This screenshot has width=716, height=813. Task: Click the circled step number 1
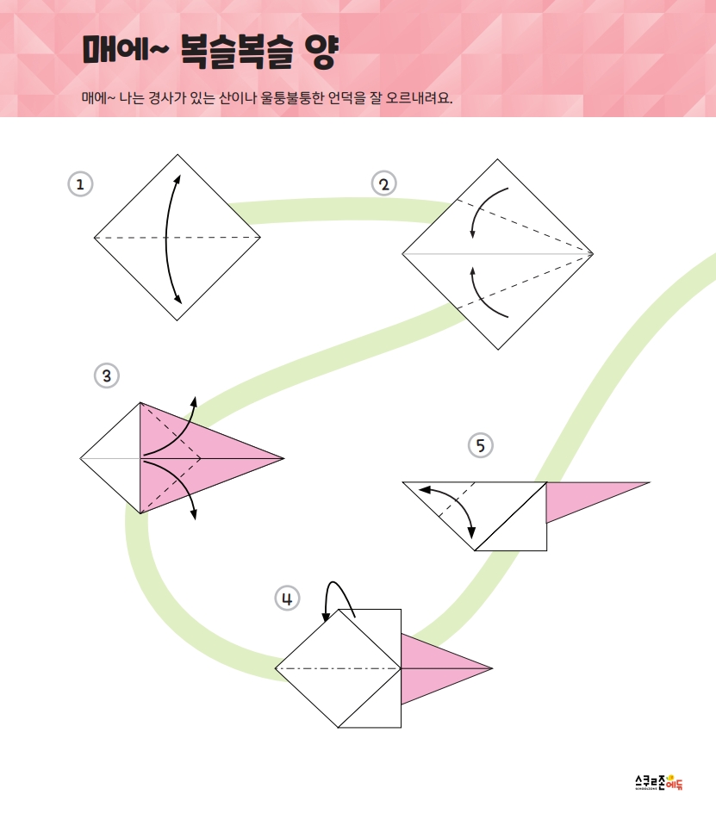point(80,184)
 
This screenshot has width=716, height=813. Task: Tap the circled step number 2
point(384,184)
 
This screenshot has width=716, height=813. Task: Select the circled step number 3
point(107,375)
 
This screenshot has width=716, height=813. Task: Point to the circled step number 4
point(287,599)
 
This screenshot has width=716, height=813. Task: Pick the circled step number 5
point(481,445)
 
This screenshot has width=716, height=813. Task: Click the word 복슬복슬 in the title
point(237,52)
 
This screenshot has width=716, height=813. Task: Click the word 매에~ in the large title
point(126,50)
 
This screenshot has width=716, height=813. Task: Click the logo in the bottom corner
point(659,782)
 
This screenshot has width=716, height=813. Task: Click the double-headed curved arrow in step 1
point(166,239)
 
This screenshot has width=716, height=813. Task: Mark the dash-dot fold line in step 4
point(339,668)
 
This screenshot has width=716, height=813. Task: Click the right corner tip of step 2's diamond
point(593,254)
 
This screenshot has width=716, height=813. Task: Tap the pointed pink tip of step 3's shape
point(283,458)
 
